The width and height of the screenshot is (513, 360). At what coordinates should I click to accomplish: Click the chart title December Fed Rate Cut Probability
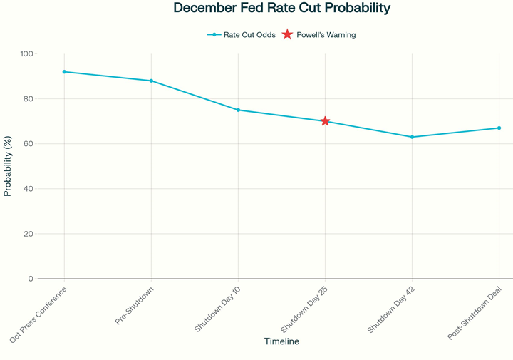click(281, 9)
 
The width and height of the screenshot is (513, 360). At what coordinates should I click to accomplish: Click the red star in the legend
click(287, 35)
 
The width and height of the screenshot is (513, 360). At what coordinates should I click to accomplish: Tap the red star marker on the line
click(325, 121)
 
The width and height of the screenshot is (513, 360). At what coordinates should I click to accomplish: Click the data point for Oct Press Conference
click(64, 72)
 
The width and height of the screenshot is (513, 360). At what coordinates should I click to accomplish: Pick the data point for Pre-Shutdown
click(151, 81)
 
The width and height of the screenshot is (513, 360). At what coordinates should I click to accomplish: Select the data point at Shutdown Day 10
click(238, 110)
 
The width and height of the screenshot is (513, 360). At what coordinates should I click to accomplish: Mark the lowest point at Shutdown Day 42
click(412, 137)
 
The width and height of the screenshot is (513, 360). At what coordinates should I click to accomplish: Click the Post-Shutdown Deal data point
click(499, 128)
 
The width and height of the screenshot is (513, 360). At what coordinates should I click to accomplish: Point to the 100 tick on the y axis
click(26, 54)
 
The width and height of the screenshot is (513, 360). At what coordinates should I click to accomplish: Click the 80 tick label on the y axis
click(28, 99)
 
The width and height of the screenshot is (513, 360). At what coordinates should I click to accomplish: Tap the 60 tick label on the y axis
click(28, 144)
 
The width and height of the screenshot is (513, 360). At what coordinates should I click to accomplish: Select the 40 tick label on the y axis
click(28, 189)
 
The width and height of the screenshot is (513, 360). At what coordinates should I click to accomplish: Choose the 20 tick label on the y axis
click(28, 234)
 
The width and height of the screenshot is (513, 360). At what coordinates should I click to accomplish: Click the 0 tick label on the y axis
click(31, 279)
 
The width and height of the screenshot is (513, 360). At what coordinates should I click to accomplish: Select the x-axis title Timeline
click(281, 341)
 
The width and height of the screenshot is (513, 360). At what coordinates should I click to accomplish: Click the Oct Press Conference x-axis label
click(39, 314)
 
